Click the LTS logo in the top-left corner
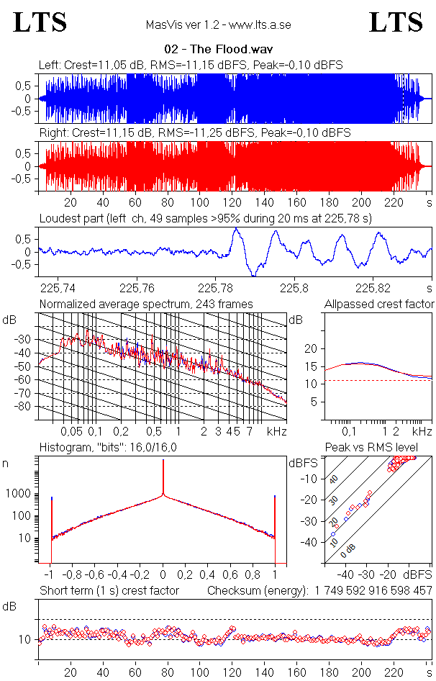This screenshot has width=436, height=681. point(40,22)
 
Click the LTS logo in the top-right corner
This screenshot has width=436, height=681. point(396,22)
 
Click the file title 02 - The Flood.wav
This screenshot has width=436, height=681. point(218,50)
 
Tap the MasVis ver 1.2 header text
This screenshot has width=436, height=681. point(218,25)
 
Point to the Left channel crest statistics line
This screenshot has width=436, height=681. point(191,66)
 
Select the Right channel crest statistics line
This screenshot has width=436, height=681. point(194,133)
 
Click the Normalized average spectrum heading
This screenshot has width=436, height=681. point(146,305)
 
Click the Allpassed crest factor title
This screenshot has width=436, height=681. point(379,305)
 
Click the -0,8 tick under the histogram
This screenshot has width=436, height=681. point(73,575)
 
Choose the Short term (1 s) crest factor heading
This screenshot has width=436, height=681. point(109,591)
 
